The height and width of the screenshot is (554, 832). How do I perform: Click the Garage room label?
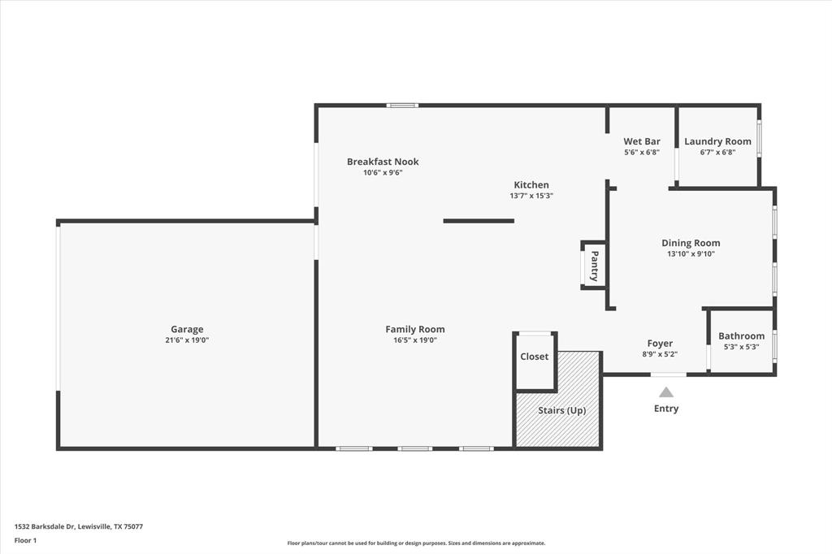(187, 330)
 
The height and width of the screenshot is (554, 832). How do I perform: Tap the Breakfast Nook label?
(383, 162)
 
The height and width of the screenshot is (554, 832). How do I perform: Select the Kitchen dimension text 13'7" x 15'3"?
(531, 195)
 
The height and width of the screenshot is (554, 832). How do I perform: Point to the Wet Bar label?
(642, 141)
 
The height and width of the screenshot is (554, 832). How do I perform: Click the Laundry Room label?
(718, 141)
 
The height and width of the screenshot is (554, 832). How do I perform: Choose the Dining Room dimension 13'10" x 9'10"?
(691, 253)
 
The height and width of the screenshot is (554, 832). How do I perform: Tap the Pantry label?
(595, 266)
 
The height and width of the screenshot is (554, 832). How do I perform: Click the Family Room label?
(415, 330)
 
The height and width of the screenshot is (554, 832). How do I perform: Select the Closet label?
(535, 357)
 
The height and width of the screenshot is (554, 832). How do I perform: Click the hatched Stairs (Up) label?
(562, 410)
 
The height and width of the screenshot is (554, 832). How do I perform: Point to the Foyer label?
(660, 344)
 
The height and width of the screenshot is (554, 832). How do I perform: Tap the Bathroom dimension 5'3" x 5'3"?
(742, 347)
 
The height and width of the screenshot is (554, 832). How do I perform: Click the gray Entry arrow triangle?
(666, 392)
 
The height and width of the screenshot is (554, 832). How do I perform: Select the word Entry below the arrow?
(666, 408)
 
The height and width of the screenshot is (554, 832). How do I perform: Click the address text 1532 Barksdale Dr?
(45, 527)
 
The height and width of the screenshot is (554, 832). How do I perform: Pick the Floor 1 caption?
(25, 541)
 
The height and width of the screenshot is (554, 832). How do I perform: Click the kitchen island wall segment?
(479, 221)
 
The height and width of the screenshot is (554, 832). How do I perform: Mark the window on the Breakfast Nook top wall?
(402, 106)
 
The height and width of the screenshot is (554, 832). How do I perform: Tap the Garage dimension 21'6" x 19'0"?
(187, 340)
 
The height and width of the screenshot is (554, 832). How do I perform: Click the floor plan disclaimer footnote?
(416, 543)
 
